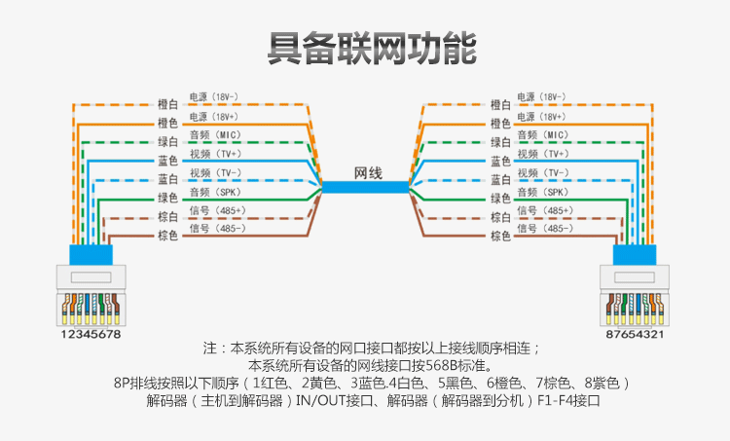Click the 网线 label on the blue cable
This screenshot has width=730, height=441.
point(366,172)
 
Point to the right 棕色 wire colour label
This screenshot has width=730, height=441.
point(501,236)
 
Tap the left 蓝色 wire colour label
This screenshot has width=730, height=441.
point(167,161)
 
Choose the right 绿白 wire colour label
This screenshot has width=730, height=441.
point(501,142)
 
